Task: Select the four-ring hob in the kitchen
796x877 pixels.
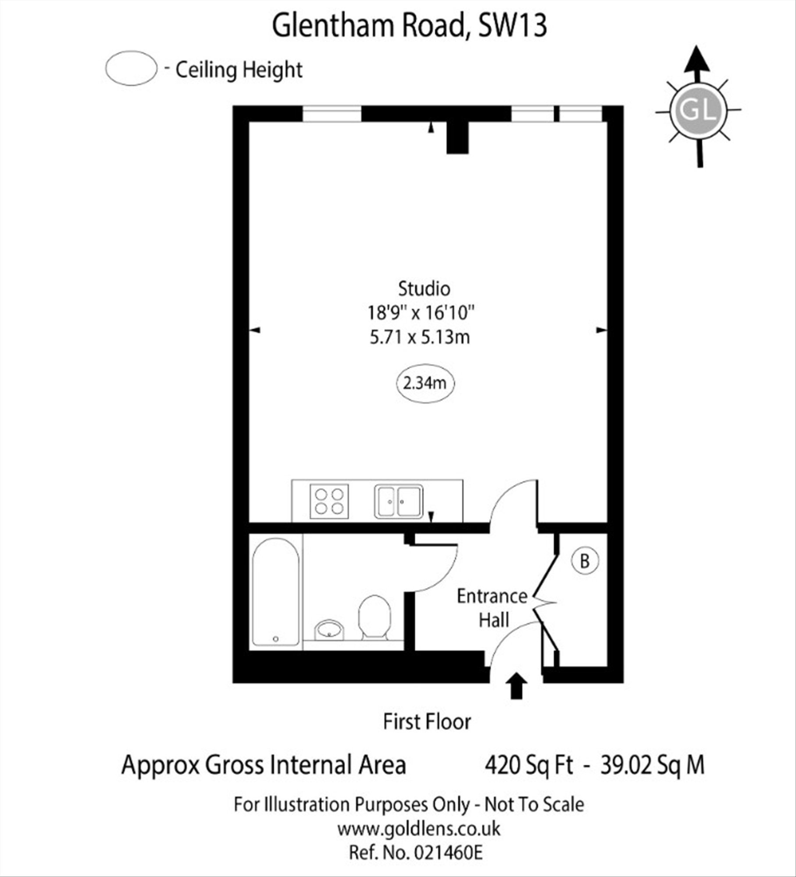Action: tap(329, 501)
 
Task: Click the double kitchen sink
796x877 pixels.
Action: tap(399, 501)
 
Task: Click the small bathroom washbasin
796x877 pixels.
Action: tap(329, 630)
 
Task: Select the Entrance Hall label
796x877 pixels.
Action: tap(493, 608)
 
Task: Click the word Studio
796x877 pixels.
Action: tap(424, 289)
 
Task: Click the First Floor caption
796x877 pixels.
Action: tap(427, 722)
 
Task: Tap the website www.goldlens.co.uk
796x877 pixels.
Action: tap(418, 829)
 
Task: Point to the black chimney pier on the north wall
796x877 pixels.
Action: tap(458, 138)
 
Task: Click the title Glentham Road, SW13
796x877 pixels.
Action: tap(410, 26)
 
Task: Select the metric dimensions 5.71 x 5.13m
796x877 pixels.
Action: tap(420, 337)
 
